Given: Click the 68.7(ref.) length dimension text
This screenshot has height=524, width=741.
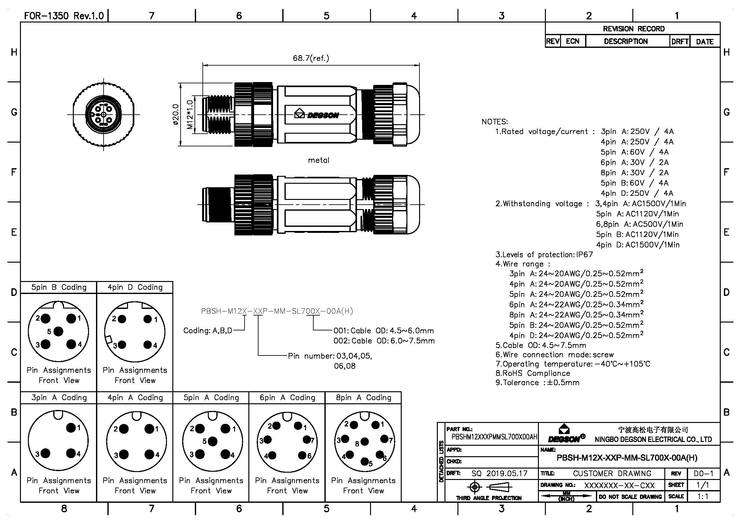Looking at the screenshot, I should pyautogui.click(x=311, y=58).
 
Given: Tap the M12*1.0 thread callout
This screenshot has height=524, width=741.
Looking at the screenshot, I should pyautogui.click(x=190, y=115).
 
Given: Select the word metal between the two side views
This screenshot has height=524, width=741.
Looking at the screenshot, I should pyautogui.click(x=318, y=160).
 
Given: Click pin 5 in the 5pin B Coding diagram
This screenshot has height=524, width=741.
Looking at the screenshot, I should pyautogui.click(x=58, y=331).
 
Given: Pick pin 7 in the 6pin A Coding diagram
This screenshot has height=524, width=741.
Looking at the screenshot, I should pyautogui.click(x=307, y=439).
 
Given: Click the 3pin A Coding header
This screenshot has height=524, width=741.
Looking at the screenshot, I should pyautogui.click(x=59, y=398).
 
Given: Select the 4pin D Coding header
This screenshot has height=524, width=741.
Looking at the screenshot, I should pyautogui.click(x=135, y=287).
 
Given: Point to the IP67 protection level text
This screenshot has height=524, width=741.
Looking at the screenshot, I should pyautogui.click(x=584, y=255).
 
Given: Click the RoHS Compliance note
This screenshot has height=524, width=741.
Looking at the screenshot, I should pyautogui.click(x=533, y=373).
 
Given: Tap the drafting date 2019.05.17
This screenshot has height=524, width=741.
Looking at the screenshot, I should pyautogui.click(x=507, y=473).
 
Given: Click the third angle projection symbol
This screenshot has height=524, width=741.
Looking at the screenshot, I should pyautogui.click(x=489, y=487).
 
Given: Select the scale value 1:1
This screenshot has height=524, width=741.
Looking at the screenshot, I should pyautogui.click(x=703, y=496).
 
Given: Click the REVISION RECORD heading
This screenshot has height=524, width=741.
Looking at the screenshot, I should pyautogui.click(x=634, y=29).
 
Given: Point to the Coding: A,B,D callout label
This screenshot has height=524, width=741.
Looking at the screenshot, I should pyautogui.click(x=208, y=331).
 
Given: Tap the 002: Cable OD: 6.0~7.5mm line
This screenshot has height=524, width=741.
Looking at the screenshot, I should pyautogui.click(x=384, y=341).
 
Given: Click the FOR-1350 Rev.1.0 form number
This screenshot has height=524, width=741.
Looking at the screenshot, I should pyautogui.click(x=64, y=16).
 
